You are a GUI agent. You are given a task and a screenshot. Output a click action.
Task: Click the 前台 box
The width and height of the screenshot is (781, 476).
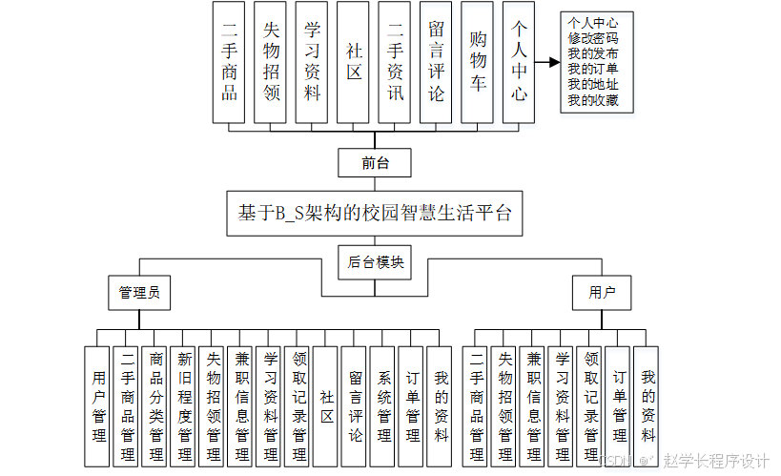point(375,162)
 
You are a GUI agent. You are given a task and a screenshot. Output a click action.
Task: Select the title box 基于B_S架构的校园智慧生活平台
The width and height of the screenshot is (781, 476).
point(375,212)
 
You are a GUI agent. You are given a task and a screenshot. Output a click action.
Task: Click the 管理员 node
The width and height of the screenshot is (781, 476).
point(139,292)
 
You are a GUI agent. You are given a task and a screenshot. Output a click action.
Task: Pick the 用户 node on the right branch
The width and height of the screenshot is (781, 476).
point(602,292)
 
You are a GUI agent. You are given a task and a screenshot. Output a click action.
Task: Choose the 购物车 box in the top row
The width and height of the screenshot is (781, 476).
point(478,62)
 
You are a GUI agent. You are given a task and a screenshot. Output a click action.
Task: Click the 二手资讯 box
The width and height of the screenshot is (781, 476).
point(396,62)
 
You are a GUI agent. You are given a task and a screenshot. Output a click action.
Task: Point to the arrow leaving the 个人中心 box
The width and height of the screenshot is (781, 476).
point(546,62)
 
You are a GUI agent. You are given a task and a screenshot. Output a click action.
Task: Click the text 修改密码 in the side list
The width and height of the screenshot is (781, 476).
point(592,38)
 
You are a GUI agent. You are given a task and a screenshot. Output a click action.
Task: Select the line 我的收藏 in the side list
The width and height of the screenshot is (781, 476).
point(592,99)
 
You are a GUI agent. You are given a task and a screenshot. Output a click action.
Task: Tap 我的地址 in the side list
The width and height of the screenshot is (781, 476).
point(592,84)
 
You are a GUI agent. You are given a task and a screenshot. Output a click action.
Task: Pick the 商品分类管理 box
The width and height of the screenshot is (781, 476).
point(156,405)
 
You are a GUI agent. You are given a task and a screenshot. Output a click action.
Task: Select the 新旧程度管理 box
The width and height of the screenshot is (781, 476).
point(185,405)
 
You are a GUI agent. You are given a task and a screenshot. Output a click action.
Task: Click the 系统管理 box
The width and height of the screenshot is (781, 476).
point(384,405)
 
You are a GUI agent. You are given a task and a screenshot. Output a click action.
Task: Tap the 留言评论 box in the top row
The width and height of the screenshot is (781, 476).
point(437,62)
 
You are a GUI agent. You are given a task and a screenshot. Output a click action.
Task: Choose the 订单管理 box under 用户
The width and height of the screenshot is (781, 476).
point(619,405)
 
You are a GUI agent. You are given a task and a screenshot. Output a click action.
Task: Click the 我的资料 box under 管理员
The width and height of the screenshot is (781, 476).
point(441,405)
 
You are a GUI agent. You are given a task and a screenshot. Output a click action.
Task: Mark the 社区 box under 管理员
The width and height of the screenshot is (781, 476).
point(326,405)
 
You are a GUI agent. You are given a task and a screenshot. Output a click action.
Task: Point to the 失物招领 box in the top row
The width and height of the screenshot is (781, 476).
point(272,62)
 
